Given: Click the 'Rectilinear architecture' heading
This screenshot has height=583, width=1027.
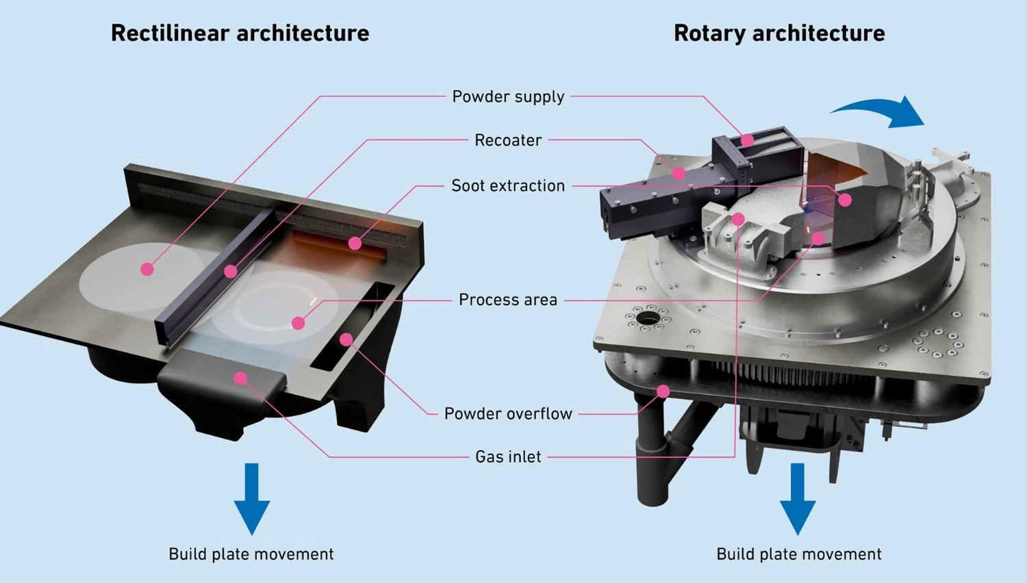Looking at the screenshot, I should pos(240,33).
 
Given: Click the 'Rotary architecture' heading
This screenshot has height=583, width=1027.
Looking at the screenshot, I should pos(779,33).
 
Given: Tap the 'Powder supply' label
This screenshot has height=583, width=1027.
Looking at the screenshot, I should pos(508,96).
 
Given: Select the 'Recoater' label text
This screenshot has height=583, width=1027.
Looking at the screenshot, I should pos(508,140).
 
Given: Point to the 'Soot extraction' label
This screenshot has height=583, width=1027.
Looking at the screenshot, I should pos(508,185).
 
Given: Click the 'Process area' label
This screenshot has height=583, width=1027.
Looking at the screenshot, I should pos(508,300).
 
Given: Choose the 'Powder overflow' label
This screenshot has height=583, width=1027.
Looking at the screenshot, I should pos(508,413).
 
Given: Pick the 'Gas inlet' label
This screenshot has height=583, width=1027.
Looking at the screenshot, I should pos(508,456).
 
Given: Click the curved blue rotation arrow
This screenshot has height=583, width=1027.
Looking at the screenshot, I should pos(880,111).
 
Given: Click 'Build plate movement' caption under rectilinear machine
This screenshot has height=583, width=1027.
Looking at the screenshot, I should pos(251,554).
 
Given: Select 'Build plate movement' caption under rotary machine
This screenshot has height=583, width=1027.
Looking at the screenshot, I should pos(799,554).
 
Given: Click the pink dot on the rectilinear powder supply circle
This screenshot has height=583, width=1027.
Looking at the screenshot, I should pos(147,270).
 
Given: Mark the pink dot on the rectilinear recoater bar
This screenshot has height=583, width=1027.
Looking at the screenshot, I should pos(231,272).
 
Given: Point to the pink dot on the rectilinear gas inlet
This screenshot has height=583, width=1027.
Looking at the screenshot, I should pos(240,378).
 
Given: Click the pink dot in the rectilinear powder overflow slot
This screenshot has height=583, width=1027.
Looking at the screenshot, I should pos(346,339).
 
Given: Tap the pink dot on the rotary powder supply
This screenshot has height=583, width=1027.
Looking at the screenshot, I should pos(747,140).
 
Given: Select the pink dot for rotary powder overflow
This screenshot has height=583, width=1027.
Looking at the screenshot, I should pos(663,391).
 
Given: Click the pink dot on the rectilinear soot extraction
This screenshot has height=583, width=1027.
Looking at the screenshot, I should pos(355,243).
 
